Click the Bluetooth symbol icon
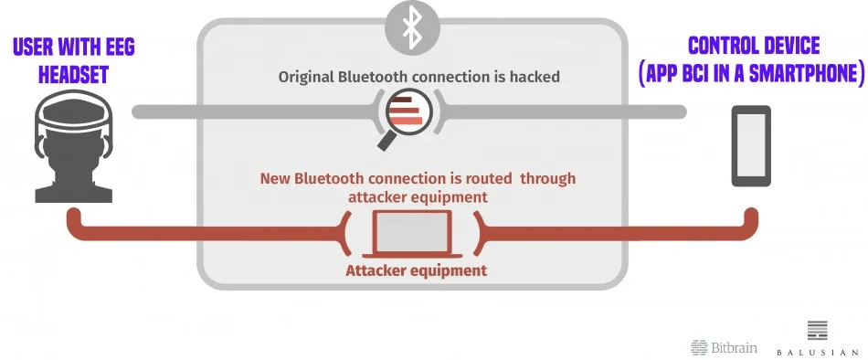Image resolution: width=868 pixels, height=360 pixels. coord(412,28)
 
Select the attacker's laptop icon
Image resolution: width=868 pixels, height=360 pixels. coord(412,234)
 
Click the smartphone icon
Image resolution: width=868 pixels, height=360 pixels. coord(751,145)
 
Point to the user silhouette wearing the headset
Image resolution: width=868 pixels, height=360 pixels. coord(74,146)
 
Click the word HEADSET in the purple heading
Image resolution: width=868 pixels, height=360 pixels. coord(73,74)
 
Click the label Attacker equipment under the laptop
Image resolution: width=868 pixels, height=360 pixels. coord(417,270)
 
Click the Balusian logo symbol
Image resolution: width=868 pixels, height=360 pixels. coord(818,330)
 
